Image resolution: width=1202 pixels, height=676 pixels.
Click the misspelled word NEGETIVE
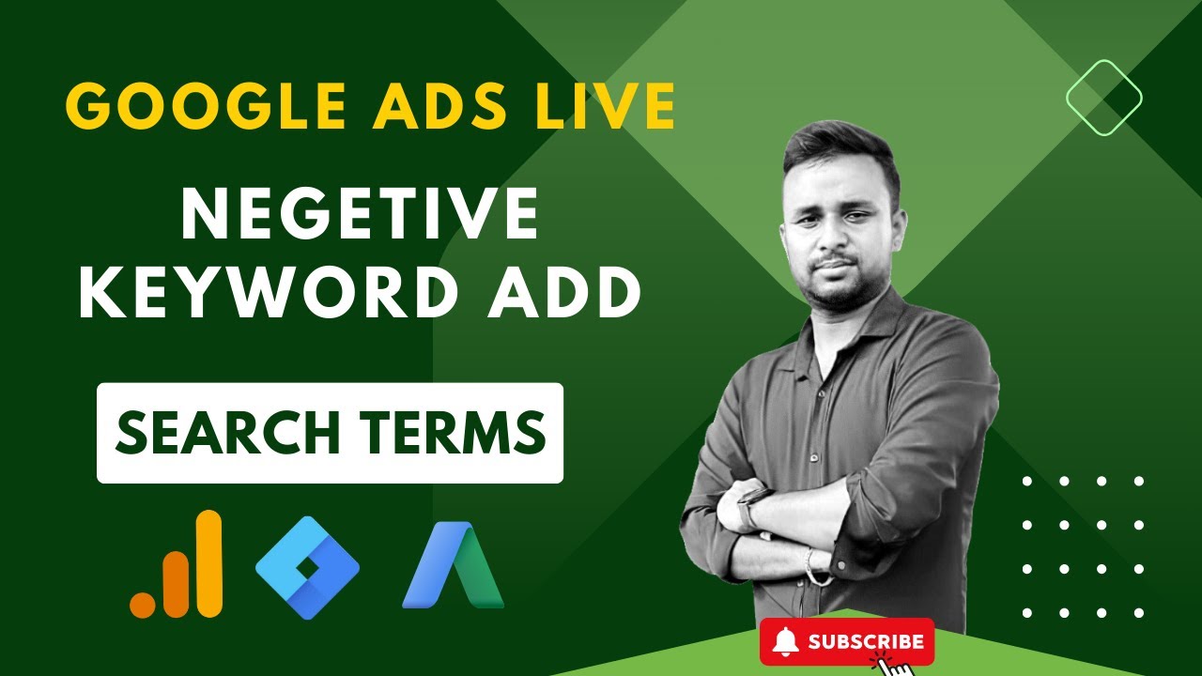[360, 215]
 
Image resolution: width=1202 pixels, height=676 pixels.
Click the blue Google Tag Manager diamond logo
[307, 566]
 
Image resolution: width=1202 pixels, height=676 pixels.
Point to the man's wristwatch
[747, 507]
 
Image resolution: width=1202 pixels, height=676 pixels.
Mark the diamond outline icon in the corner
[1103, 97]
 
